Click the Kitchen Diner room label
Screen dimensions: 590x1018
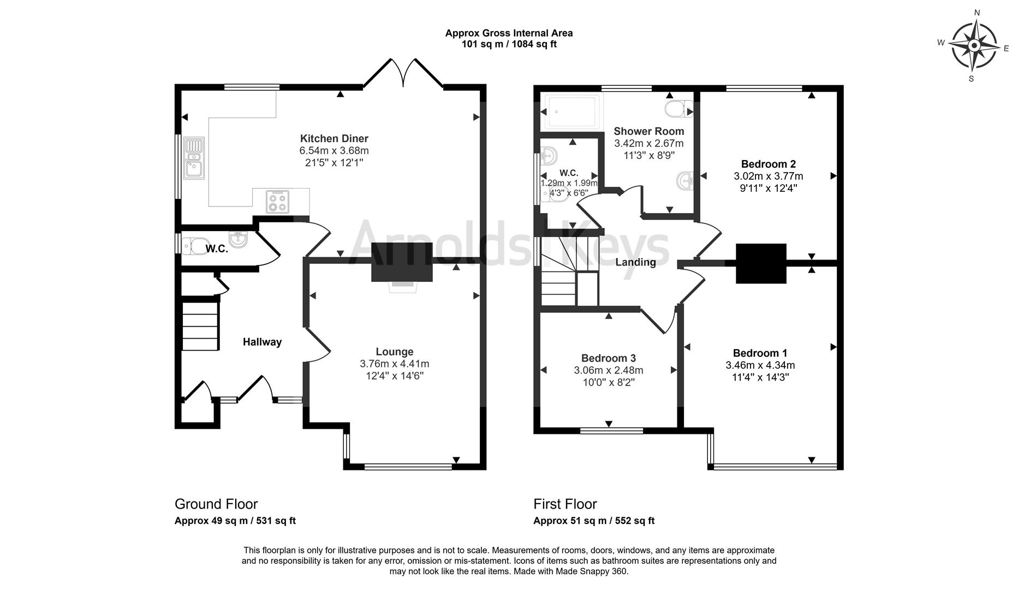point(334,138)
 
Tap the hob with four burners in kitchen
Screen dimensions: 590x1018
point(277,200)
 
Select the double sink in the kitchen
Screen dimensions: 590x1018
point(194,158)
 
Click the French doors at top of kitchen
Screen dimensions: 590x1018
point(403,73)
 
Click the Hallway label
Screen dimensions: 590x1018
point(262,342)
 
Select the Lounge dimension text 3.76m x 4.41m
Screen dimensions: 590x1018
point(394,364)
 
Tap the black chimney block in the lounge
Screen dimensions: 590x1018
point(402,262)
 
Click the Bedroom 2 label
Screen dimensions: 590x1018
point(768,164)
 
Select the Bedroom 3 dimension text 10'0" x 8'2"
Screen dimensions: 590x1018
point(608,382)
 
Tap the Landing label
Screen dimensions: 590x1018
point(635,262)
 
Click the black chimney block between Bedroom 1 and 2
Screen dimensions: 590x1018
point(761,263)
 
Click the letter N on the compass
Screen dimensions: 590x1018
point(977,13)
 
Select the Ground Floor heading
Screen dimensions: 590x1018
point(216,504)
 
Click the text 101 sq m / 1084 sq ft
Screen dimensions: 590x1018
point(509,44)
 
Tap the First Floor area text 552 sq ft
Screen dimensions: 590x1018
point(634,521)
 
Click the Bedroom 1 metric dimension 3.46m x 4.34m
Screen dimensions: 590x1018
point(760,365)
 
